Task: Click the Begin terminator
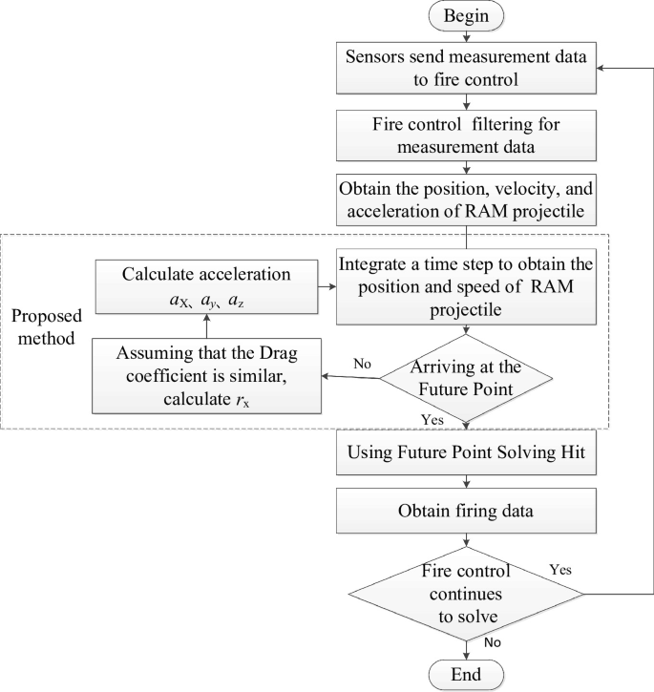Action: coord(464,17)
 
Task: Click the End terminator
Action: coord(464,674)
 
